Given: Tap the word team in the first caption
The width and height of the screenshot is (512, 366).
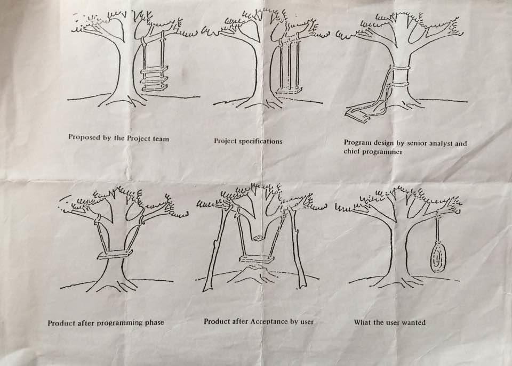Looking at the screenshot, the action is (x=161, y=139).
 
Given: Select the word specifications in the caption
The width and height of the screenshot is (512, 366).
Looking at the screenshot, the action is (x=261, y=142).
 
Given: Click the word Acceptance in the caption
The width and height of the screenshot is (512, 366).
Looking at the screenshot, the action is (x=268, y=322).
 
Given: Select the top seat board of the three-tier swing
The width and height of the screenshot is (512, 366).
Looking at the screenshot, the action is (x=155, y=69).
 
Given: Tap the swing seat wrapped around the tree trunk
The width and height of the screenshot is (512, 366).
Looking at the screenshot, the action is (x=115, y=255).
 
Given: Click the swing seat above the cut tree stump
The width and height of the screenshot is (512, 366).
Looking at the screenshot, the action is (x=257, y=259).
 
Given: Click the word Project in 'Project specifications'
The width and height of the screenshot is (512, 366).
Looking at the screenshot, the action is (x=225, y=141).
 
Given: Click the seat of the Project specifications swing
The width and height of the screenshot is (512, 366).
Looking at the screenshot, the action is (x=288, y=91).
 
